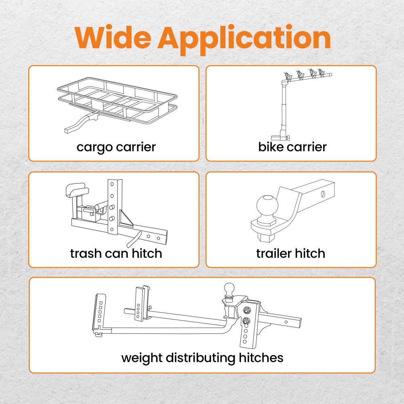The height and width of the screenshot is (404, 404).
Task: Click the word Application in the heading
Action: [x=244, y=40]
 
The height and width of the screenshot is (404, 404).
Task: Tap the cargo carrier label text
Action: [x=116, y=147]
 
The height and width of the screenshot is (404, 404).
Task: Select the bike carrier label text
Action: [x=292, y=147]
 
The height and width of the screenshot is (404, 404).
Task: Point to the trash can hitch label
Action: [x=116, y=254]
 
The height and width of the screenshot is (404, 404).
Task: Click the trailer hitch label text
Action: [x=290, y=253]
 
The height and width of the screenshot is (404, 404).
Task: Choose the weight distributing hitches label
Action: [x=202, y=358]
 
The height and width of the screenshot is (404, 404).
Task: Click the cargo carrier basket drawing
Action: [x=117, y=101]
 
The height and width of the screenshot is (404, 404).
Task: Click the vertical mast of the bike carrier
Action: [x=284, y=108]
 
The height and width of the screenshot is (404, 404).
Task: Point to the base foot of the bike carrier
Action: [x=280, y=137]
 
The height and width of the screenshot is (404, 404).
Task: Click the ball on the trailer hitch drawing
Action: [x=267, y=206]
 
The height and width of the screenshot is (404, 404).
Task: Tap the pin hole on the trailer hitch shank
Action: [x=323, y=194]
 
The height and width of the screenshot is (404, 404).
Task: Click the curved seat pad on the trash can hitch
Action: [x=77, y=190]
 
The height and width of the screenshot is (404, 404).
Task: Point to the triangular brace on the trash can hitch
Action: [x=126, y=219]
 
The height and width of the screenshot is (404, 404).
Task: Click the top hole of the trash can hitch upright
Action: [x=112, y=185]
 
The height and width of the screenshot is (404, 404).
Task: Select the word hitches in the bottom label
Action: [x=261, y=358]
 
